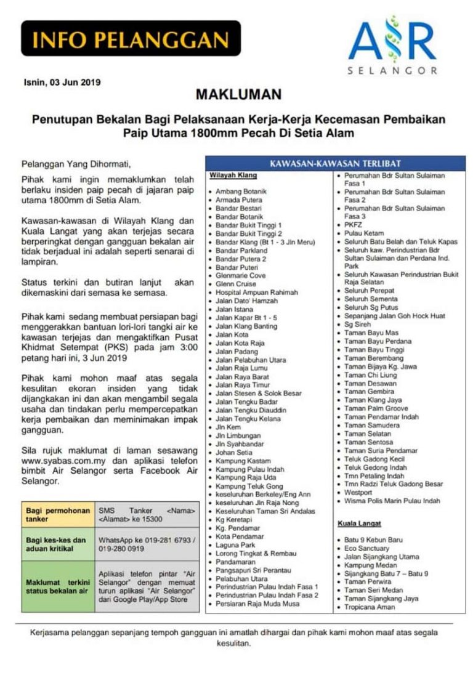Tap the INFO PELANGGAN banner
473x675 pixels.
(x=131, y=38)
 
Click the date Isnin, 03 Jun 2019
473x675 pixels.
(x=62, y=82)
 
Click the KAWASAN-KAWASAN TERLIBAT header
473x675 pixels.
(x=335, y=164)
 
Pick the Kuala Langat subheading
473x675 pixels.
(x=359, y=523)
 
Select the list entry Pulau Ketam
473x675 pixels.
(x=363, y=234)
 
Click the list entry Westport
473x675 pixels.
(x=358, y=493)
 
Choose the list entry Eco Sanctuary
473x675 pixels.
(x=368, y=548)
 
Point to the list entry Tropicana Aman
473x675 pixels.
(x=370, y=607)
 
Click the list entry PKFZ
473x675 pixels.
(x=353, y=225)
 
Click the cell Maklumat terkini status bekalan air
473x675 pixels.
(x=57, y=586)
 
